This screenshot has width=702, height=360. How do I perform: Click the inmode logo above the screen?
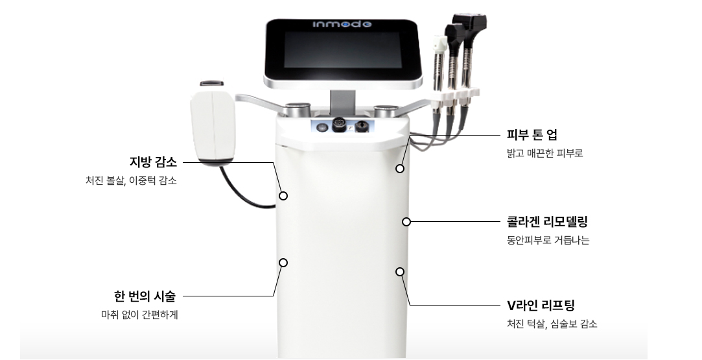(342, 24)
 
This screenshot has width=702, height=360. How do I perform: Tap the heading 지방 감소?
(153, 162)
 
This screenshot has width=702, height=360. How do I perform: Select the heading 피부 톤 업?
(532, 135)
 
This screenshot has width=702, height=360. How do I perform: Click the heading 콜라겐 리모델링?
(547, 221)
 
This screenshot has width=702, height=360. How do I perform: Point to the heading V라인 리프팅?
(541, 306)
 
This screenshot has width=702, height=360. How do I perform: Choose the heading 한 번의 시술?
(145, 296)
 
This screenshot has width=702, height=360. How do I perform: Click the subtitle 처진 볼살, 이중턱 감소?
(131, 180)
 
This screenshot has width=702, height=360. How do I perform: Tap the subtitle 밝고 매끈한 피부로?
(545, 153)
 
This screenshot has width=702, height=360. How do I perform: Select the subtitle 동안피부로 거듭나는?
(548, 240)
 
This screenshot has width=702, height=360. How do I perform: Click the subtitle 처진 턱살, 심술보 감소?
(552, 324)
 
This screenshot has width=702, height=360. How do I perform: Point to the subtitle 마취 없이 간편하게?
(139, 315)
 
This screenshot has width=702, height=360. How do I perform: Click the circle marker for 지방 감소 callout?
(283, 196)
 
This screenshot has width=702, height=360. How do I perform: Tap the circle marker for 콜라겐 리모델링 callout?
(406, 222)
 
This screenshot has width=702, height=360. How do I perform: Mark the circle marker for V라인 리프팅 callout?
(400, 272)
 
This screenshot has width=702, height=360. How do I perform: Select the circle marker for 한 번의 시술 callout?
(283, 263)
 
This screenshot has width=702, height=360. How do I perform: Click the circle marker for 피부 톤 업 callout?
(400, 169)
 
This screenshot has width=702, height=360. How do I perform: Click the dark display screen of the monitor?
(342, 50)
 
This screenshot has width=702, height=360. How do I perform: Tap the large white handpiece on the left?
(213, 124)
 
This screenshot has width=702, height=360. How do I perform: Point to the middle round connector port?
(340, 125)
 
